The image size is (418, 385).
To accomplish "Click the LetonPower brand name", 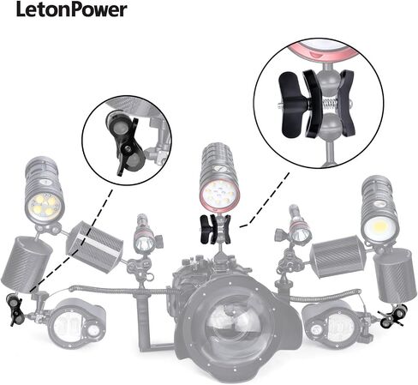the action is coord(72,9).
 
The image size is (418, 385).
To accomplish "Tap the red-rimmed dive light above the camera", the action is coord(219,177).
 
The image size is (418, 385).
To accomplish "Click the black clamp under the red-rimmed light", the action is coord(216,230).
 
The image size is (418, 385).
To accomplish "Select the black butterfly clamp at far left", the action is coord(14,310).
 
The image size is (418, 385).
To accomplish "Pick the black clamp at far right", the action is coord(393,316).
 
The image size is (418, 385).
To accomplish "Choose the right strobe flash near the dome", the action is coord(332,324).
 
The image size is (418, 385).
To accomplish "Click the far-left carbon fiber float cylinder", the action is coord(27,264).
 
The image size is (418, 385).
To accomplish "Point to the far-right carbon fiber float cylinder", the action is coord(394,275).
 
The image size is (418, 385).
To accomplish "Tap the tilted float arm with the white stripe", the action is coord(95,247).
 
